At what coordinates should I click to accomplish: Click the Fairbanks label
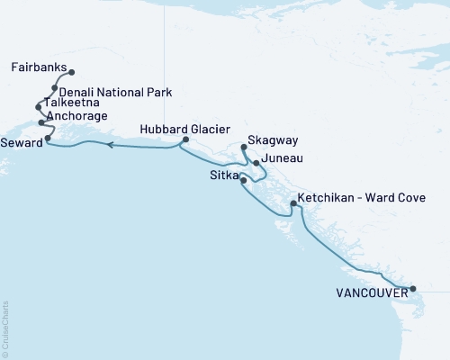[x=39, y=67]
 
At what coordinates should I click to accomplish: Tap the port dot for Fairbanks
[x=72, y=72]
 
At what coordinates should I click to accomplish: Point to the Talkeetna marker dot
[x=38, y=106]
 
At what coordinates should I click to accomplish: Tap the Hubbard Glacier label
[x=178, y=129]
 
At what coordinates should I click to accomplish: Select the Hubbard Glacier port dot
[x=185, y=139]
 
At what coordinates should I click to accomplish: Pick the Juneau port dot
[x=256, y=163]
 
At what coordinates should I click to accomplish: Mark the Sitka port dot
[x=244, y=181]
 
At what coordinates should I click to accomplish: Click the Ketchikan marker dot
[x=292, y=204]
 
